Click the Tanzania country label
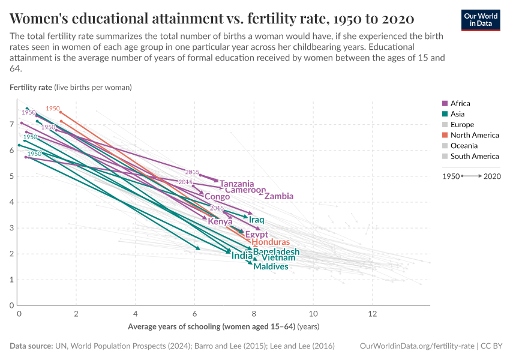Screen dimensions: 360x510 click(236, 184)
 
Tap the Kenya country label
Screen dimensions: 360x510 click(220, 221)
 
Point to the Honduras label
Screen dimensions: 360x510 click(270, 242)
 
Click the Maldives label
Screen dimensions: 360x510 click(271, 266)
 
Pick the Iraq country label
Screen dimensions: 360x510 click(257, 220)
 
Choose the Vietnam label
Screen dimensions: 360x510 click(278, 258)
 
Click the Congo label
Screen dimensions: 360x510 click(217, 197)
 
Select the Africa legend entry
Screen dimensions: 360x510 click(460, 103)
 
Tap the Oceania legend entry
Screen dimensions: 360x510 click(464, 146)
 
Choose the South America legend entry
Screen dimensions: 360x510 click(474, 156)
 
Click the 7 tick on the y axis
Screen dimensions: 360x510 click(12, 124)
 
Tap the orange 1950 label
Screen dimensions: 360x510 click(53, 109)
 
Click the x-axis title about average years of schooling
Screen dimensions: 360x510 click(223, 327)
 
